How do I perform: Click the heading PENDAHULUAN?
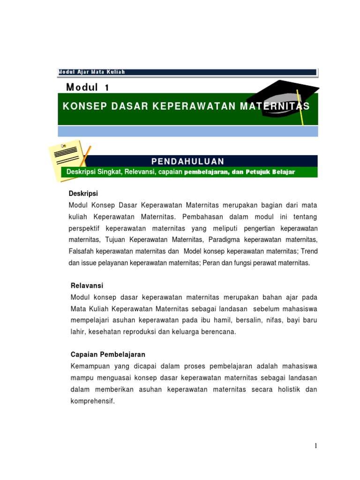pyautogui.click(x=187, y=161)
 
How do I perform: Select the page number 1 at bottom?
pyautogui.click(x=316, y=446)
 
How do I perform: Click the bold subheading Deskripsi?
pyautogui.click(x=83, y=194)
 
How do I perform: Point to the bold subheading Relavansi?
pyautogui.click(x=87, y=285)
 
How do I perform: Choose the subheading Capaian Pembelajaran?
pyautogui.click(x=108, y=354)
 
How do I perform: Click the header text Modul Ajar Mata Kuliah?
pyautogui.click(x=91, y=72)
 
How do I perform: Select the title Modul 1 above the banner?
pyautogui.click(x=88, y=87)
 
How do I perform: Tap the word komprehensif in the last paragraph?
pyautogui.click(x=92, y=402)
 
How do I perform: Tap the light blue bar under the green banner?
pyautogui.click(x=187, y=131)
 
